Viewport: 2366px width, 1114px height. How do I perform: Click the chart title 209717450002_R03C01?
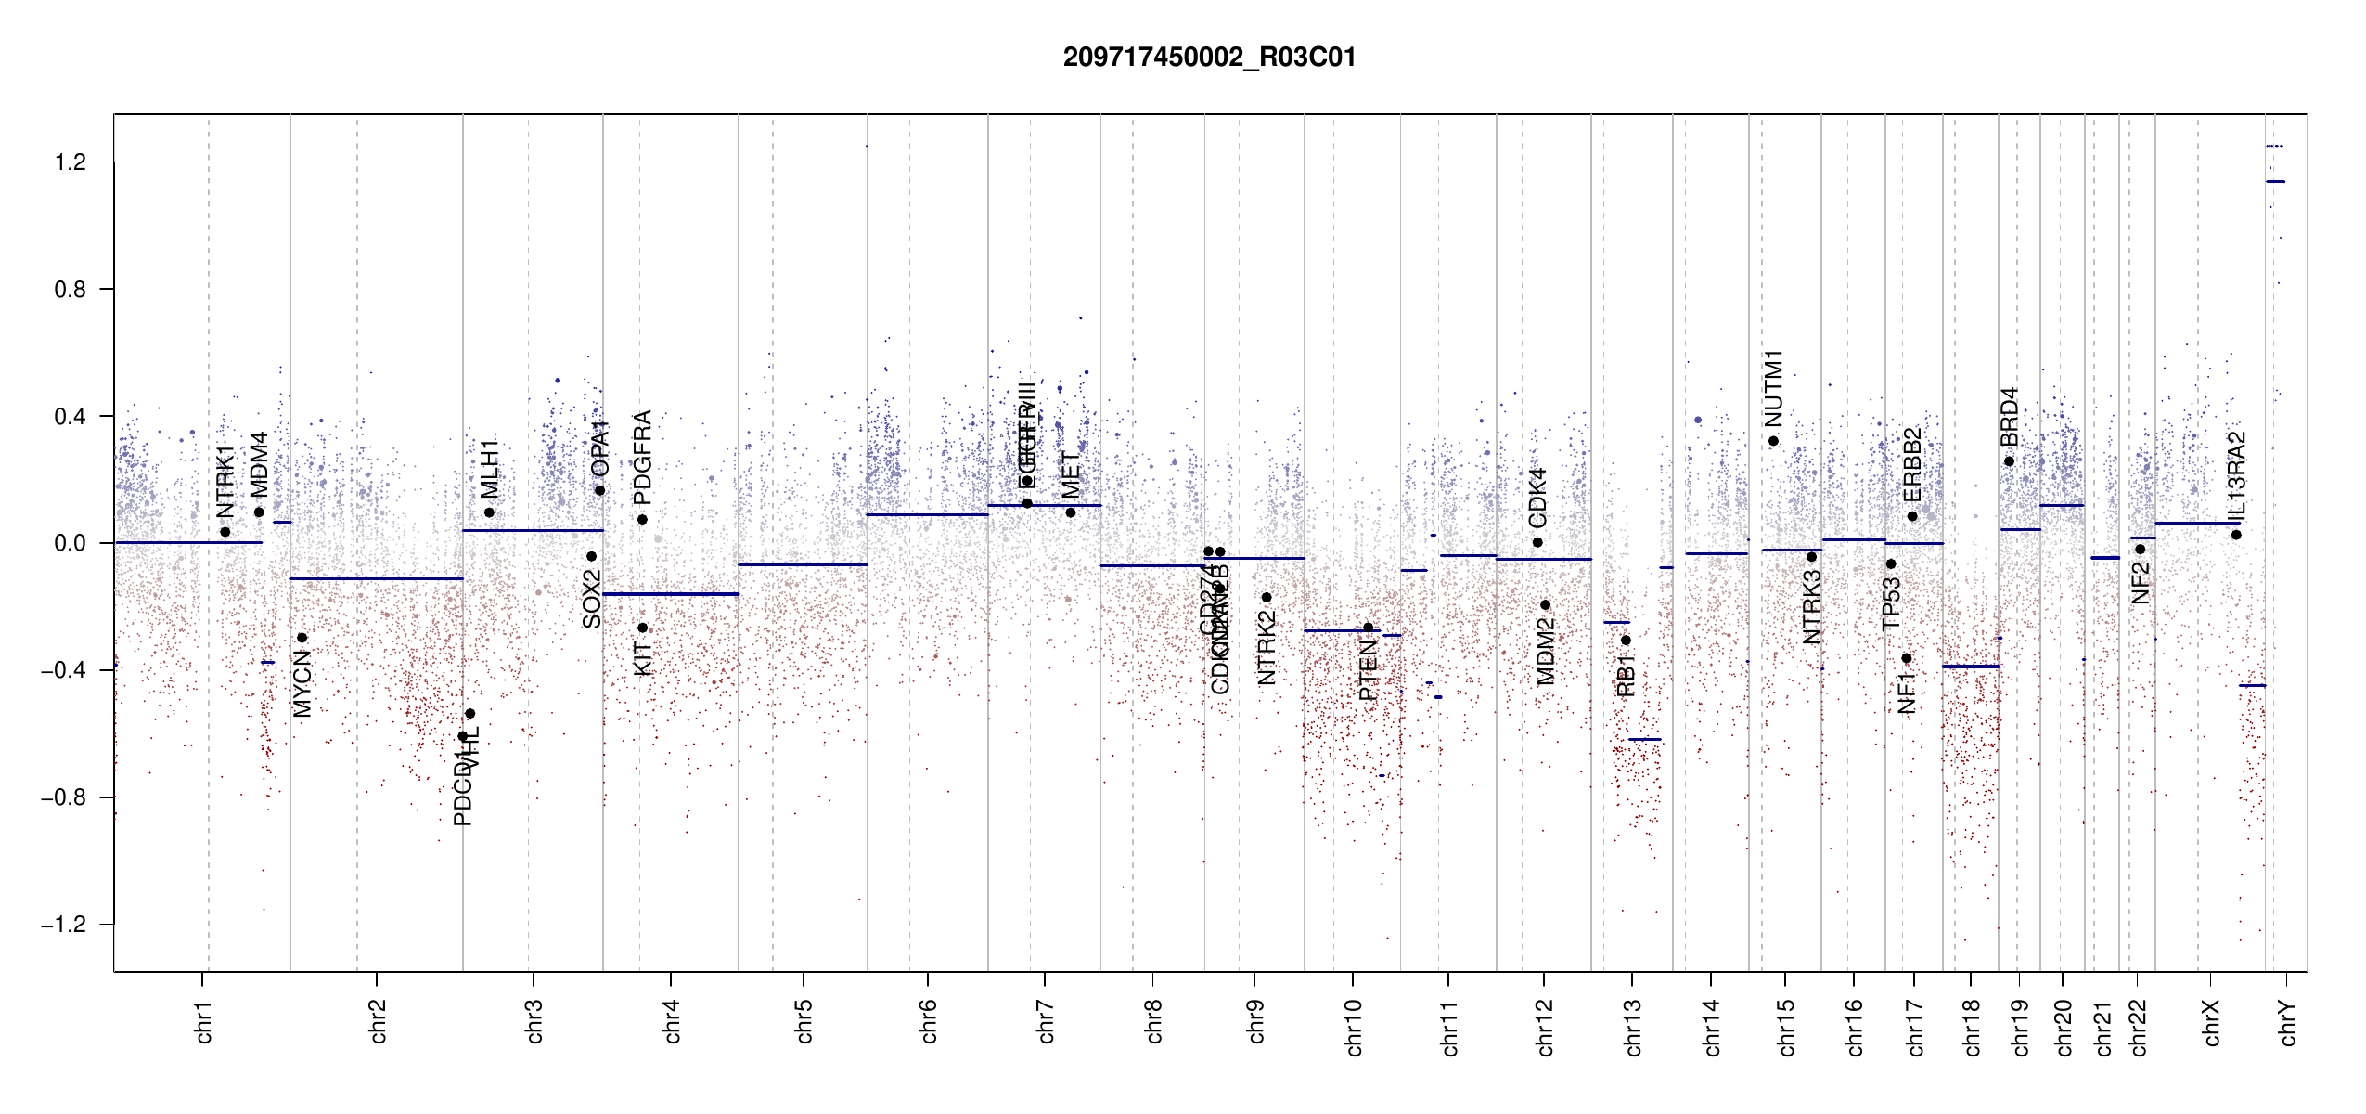tap(1209, 58)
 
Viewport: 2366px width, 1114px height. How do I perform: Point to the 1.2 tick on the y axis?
tap(70, 162)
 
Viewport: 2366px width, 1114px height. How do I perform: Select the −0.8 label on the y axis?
tap(63, 797)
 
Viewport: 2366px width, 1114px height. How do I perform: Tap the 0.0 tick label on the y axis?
tap(70, 543)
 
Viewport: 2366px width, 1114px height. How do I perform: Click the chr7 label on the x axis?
tap(1046, 1021)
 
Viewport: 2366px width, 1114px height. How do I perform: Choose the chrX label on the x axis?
tap(2211, 1022)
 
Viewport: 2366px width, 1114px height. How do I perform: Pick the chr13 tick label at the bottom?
tap(1632, 1027)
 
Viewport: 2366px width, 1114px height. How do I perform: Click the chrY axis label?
tap(2287, 1022)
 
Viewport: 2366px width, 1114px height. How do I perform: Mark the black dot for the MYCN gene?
tap(302, 638)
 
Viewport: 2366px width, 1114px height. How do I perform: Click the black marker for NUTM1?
tap(1773, 441)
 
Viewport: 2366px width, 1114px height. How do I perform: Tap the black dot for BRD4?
tap(2009, 461)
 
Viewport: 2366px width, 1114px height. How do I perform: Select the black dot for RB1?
tap(1626, 641)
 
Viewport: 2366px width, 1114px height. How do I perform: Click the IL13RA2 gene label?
tap(2236, 475)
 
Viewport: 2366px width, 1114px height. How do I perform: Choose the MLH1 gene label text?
tap(489, 469)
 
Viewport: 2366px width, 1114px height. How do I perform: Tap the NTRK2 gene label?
tap(1267, 647)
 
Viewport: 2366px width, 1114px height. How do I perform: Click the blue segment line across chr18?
tap(1971, 667)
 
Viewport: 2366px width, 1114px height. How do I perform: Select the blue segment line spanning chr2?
tap(377, 579)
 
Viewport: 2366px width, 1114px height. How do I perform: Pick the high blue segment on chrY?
tap(2275, 182)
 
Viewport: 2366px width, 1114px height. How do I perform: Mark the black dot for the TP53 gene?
tap(1891, 564)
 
